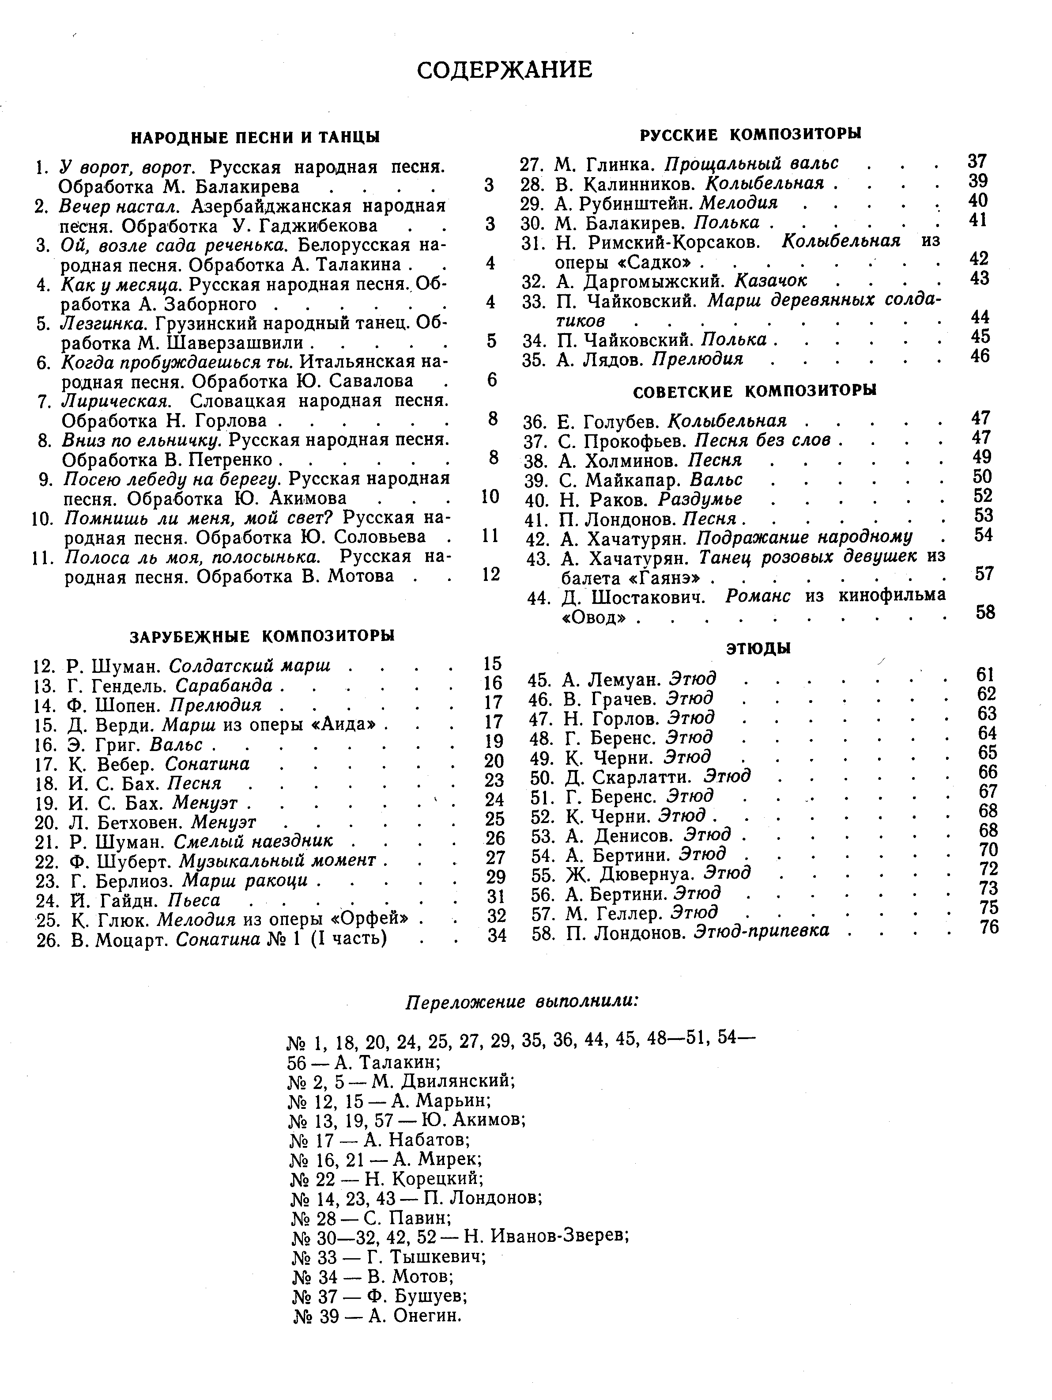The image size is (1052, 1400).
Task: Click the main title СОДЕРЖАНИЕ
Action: coord(504,70)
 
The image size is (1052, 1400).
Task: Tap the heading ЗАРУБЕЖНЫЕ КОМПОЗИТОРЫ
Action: coord(262,635)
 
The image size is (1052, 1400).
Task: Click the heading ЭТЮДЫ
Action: coord(758,649)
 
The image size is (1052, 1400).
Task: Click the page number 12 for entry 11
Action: coord(490,574)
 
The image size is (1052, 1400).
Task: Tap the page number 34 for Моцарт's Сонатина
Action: coord(497,935)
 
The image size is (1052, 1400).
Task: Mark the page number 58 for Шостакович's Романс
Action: coord(985,612)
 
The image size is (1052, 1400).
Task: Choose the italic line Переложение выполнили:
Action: coord(521,1002)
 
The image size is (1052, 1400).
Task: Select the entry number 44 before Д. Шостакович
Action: coord(538,597)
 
